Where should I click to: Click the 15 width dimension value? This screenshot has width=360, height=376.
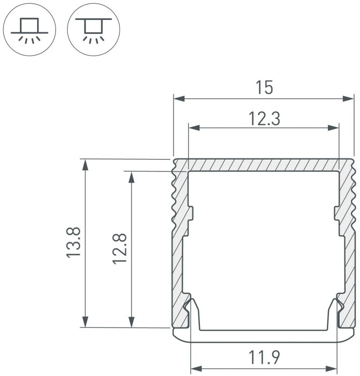click(264, 87)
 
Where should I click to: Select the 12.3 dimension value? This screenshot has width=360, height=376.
click(264, 118)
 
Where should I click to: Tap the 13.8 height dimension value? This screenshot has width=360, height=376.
click(74, 243)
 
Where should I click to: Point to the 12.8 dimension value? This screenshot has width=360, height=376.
click(119, 248)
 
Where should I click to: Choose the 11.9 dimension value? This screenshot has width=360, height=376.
click(264, 357)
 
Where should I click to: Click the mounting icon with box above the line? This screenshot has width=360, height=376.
click(30, 30)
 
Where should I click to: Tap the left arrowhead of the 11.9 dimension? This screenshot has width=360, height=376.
click(197, 368)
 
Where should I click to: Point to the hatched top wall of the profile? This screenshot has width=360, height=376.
click(263, 165)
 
